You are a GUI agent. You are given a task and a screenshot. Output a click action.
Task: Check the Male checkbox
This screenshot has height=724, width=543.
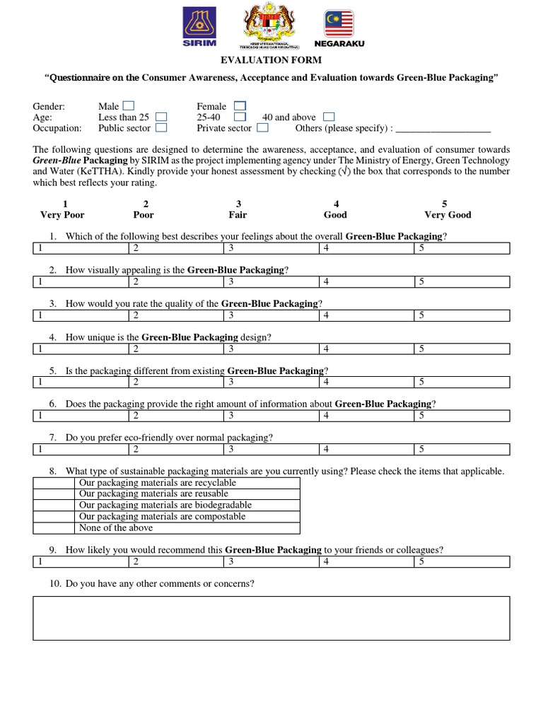click(128, 106)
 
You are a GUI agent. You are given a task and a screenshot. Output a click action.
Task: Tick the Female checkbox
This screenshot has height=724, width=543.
click(240, 106)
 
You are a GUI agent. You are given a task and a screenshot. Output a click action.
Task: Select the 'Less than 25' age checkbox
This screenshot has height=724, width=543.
click(161, 117)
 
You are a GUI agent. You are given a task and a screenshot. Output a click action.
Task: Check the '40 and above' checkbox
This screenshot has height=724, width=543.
click(328, 117)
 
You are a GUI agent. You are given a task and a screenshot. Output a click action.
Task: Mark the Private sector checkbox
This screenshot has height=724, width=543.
click(262, 128)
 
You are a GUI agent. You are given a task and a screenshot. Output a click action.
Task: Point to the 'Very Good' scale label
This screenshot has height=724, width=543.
click(448, 214)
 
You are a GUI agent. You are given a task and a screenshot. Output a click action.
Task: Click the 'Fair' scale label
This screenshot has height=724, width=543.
click(238, 214)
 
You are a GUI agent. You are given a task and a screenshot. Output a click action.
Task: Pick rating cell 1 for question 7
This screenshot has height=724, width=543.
click(81, 449)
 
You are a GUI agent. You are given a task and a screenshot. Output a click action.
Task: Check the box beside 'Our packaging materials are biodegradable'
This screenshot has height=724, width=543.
click(54, 506)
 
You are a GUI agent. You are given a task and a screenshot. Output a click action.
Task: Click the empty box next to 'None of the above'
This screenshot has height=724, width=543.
click(54, 528)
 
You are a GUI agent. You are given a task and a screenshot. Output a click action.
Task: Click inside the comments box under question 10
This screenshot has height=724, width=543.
click(271, 618)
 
